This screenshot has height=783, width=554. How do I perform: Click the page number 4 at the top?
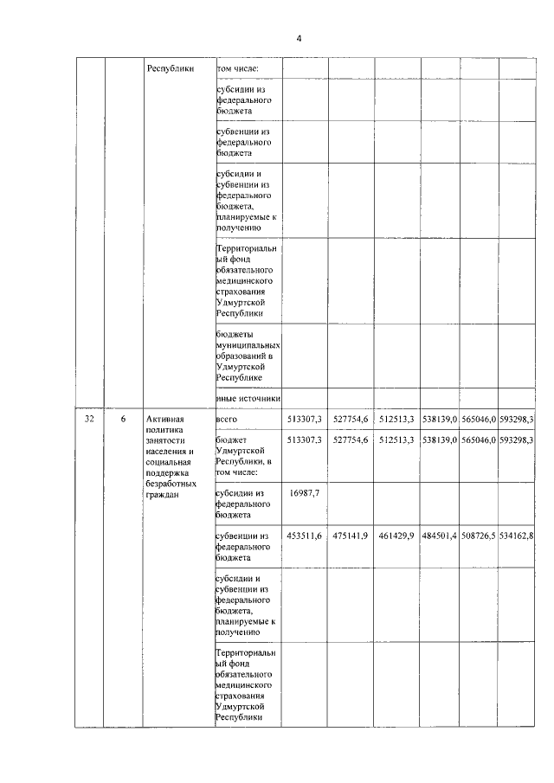click(299, 38)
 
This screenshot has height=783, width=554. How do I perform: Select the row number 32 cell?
click(90, 420)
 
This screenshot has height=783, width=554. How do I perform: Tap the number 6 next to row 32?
click(123, 420)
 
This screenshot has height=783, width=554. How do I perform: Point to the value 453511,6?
click(305, 536)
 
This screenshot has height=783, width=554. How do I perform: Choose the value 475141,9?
click(351, 536)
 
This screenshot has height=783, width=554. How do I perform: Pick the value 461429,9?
click(397, 536)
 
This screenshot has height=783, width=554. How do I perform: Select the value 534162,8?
click(517, 536)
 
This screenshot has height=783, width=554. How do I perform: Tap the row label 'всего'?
click(226, 420)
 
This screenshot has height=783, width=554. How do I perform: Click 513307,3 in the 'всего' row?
click(305, 420)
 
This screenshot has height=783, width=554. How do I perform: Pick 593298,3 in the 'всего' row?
click(517, 420)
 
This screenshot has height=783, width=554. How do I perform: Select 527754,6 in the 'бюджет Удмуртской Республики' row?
click(351, 440)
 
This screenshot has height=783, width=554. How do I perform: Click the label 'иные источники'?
click(248, 398)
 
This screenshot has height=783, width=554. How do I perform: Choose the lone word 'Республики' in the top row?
click(171, 67)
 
